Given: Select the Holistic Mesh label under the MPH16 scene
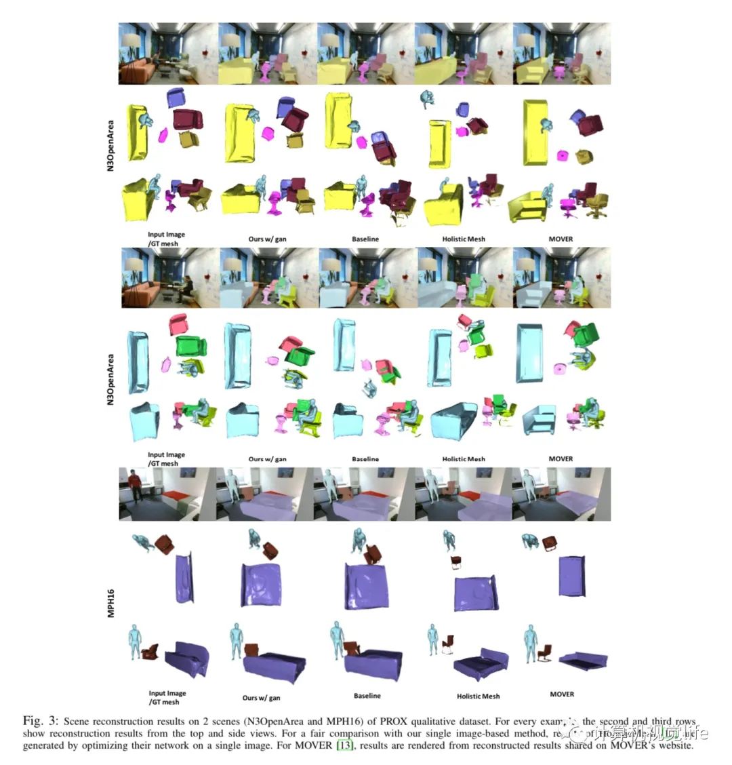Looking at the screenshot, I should click(478, 696).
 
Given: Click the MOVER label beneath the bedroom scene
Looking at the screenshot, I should click(562, 694).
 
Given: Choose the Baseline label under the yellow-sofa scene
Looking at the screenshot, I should click(365, 239).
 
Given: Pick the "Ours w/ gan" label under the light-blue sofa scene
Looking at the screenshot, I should click(267, 459).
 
